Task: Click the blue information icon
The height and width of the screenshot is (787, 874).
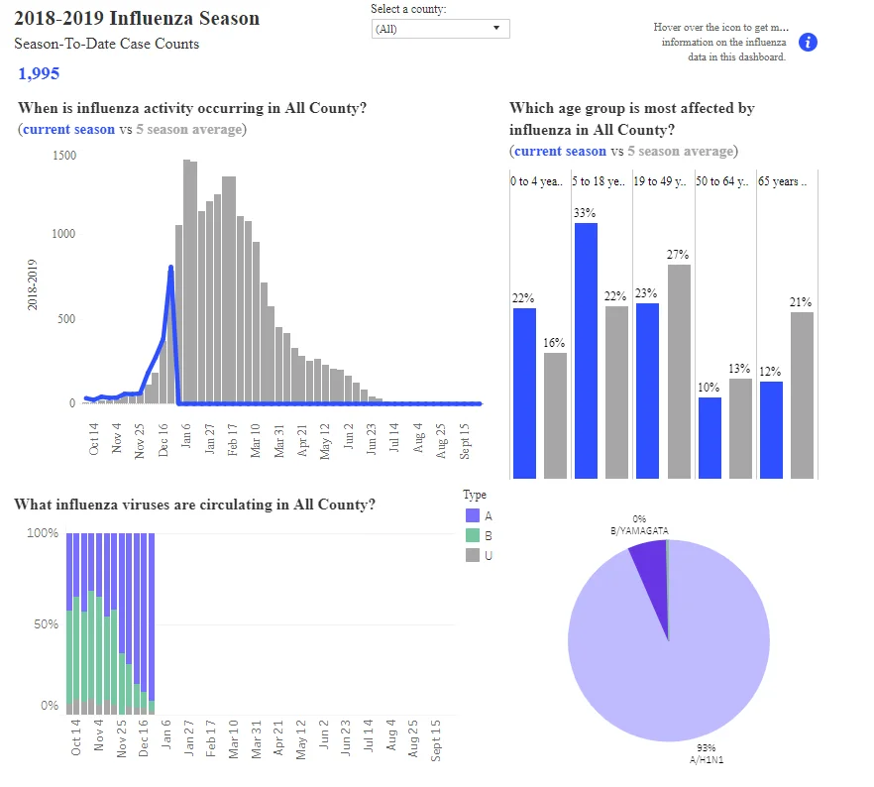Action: [x=808, y=43]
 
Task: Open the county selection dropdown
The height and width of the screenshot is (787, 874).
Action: [x=440, y=29]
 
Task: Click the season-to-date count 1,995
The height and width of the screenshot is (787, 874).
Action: [x=39, y=73]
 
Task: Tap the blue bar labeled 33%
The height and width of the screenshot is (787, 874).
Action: [x=586, y=351]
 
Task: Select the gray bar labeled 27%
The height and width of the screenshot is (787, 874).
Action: [x=679, y=372]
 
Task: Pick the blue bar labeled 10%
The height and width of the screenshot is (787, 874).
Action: [x=710, y=437]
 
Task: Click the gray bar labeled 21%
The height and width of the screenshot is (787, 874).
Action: [x=802, y=395]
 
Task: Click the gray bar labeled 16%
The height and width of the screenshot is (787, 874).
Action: [x=555, y=415]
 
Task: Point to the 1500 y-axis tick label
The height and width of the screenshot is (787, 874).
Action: [x=64, y=156]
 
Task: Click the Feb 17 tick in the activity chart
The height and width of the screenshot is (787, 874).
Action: [x=233, y=440]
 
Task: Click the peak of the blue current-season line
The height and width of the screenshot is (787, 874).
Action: [x=170, y=267]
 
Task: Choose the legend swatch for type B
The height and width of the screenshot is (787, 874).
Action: [x=473, y=535]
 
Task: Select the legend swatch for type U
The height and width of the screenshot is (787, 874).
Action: [x=473, y=555]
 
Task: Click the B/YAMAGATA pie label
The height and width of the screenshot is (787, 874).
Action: [x=639, y=530]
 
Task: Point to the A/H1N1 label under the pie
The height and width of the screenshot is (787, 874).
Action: [x=707, y=759]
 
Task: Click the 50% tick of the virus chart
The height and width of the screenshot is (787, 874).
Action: [x=46, y=624]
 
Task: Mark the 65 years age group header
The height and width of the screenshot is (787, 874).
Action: [x=782, y=181]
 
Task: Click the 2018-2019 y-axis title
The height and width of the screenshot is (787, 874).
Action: [x=32, y=284]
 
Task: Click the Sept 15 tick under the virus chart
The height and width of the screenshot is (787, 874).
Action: [x=436, y=740]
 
